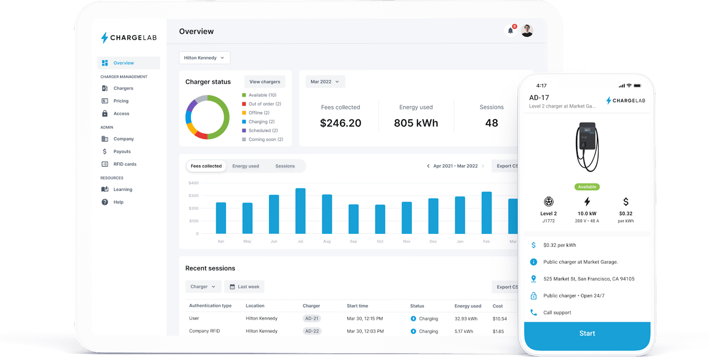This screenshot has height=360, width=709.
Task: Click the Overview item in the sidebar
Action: [x=123, y=63]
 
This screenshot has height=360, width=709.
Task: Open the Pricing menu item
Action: [x=121, y=101]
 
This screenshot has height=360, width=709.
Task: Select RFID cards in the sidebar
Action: [x=125, y=164]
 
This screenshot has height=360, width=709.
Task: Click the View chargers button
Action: [x=265, y=82]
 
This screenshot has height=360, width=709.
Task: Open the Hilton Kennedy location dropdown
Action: [x=204, y=58]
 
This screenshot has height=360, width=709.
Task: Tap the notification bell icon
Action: [x=510, y=31]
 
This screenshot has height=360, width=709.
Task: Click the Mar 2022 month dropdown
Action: [x=325, y=82]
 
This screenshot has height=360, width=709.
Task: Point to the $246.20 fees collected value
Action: [x=340, y=123]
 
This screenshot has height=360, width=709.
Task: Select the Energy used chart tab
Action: [x=245, y=166]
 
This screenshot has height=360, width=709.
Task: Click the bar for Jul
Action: [x=300, y=211]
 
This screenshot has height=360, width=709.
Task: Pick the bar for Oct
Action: [x=380, y=219]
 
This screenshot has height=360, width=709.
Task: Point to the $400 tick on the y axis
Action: [x=193, y=183]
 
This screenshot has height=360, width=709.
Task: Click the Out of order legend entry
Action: [x=264, y=104]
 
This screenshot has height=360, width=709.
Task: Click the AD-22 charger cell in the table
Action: [x=312, y=331]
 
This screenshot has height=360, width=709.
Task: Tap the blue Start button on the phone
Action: [x=587, y=334]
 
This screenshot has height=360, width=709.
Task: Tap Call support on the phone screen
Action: [x=557, y=313]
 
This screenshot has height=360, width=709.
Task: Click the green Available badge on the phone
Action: [x=587, y=187]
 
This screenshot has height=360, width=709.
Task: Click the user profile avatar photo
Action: [x=527, y=31]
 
